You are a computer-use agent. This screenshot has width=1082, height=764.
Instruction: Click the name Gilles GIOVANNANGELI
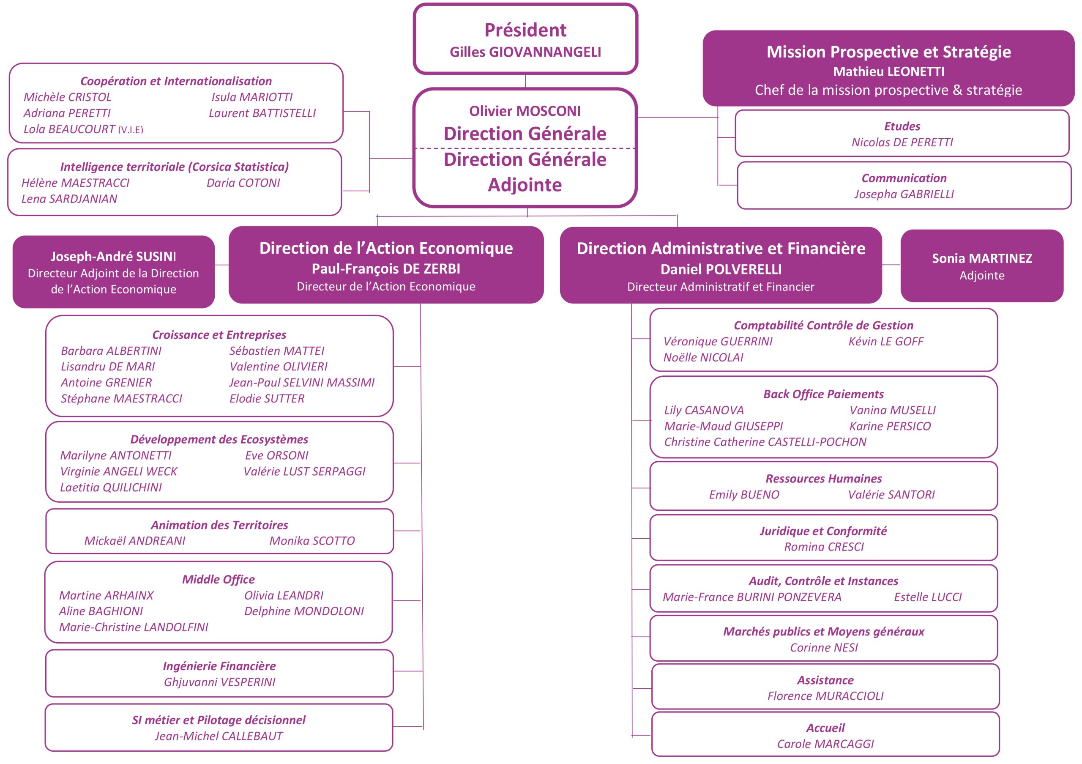coord(525,52)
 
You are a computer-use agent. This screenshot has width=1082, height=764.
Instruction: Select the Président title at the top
coord(525,30)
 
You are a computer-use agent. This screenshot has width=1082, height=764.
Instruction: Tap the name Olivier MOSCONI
coord(525,111)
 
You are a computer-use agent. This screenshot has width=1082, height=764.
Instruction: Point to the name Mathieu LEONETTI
coord(888,71)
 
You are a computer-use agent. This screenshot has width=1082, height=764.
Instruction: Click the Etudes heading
coord(902,126)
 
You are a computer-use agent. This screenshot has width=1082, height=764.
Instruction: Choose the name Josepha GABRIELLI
coord(904,194)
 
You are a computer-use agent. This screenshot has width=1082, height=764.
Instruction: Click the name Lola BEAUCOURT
coord(69,129)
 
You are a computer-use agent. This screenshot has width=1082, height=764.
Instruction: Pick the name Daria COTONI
coord(243,183)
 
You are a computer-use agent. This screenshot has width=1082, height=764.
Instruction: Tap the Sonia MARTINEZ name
coord(982,258)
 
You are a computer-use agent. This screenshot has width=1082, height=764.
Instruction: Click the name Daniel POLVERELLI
coord(721,269)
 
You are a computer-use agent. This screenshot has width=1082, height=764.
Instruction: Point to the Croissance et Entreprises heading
coord(219,334)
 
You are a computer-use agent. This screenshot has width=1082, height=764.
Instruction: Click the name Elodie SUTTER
coord(267,398)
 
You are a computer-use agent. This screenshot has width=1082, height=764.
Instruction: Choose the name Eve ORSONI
coord(276,455)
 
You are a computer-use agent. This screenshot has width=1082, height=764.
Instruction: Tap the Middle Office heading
coord(219,579)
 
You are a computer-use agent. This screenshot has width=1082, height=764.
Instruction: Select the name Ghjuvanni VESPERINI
coord(220,682)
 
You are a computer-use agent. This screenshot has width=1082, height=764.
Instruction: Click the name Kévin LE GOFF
coord(886,341)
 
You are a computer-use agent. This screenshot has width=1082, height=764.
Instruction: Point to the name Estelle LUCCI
coord(928,597)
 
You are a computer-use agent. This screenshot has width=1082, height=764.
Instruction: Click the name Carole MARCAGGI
coord(825,744)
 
